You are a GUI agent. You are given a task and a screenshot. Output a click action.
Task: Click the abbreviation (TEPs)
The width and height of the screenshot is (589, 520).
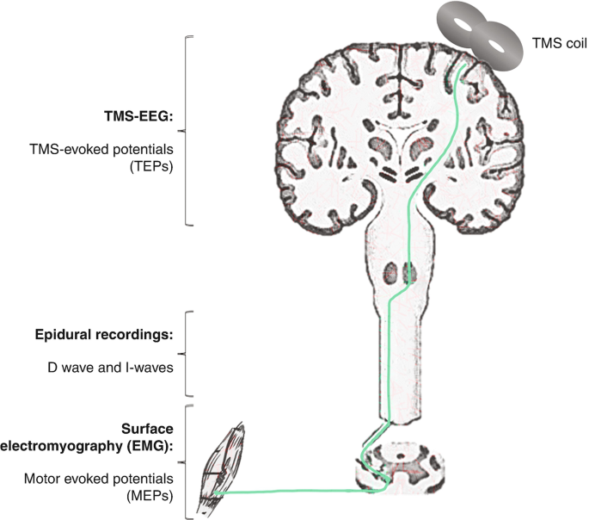click(x=155, y=168)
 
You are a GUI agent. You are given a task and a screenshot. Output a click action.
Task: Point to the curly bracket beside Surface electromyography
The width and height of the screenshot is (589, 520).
click(x=189, y=461)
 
